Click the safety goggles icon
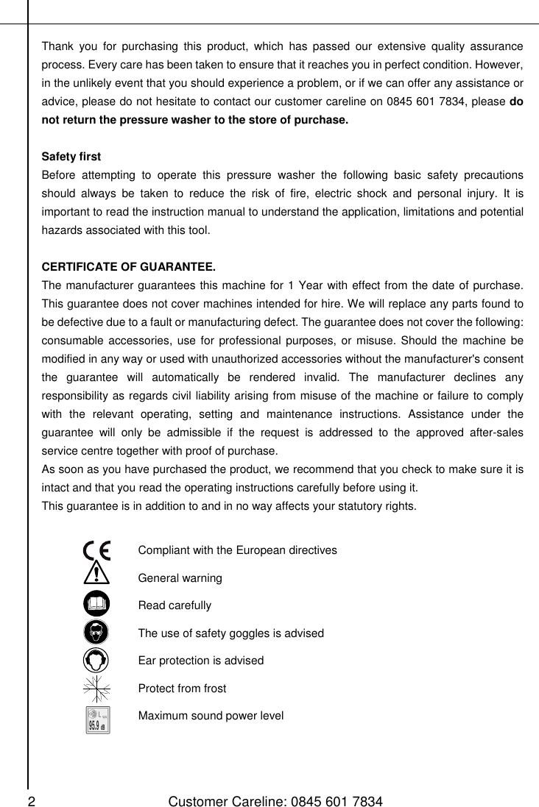coord(96,633)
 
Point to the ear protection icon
coord(96,660)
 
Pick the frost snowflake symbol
coord(96,689)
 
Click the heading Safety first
coord(71,157)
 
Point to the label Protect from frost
coord(182,689)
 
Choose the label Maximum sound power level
coord(211,715)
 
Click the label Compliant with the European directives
coord(238,550)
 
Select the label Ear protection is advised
coord(200,661)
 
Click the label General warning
coord(180,578)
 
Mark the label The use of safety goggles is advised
coord(230,633)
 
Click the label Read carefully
coord(175,605)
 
